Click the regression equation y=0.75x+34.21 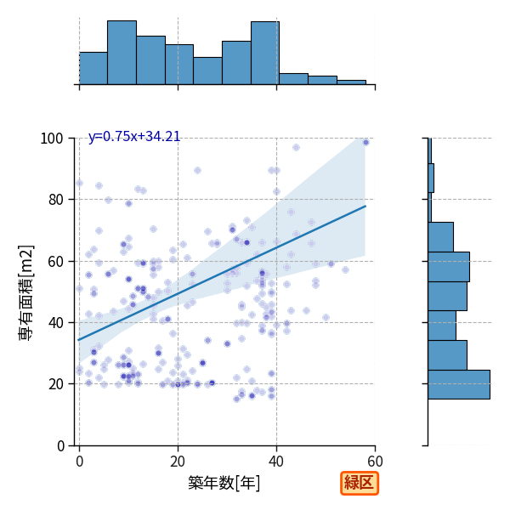pyautogui.click(x=134, y=137)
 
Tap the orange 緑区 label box pyautogui.click(x=360, y=483)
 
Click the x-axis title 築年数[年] pyautogui.click(x=224, y=483)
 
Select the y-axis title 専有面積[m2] pyautogui.click(x=26, y=292)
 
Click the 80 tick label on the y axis pyautogui.click(x=55, y=200)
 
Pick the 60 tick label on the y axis pyautogui.click(x=55, y=261)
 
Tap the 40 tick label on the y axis pyautogui.click(x=55, y=323)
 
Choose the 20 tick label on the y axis pyautogui.click(x=55, y=384)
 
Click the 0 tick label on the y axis pyautogui.click(x=60, y=445)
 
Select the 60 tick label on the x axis pyautogui.click(x=375, y=462)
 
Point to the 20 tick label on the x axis pyautogui.click(x=178, y=462)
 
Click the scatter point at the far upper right pyautogui.click(x=365, y=143)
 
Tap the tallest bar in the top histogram pyautogui.click(x=122, y=53)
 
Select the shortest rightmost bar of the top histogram pyautogui.click(x=352, y=82)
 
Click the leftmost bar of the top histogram pyautogui.click(x=93, y=68)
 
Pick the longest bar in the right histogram pyautogui.click(x=459, y=384)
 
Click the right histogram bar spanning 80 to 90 pyautogui.click(x=431, y=178)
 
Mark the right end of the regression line pyautogui.click(x=365, y=206)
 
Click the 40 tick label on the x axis pyautogui.click(x=276, y=462)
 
